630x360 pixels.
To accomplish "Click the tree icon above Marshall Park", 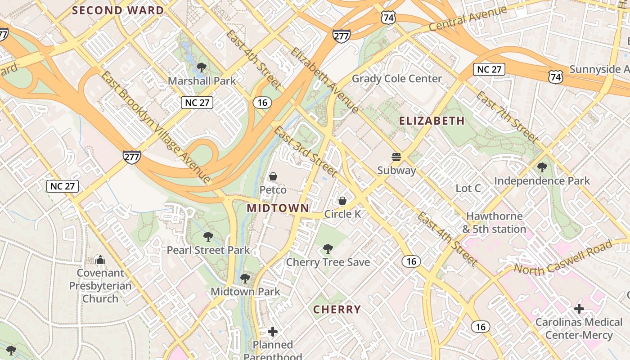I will coord(201,68).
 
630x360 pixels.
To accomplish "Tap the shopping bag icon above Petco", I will coord(273,176).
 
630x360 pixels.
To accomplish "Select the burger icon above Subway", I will coord(396,157).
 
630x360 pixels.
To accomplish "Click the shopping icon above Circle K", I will coord(342,201).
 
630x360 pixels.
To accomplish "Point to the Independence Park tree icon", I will coord(542,167).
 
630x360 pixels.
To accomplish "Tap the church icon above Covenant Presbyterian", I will coord(100,260).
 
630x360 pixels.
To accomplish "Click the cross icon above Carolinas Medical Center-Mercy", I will coord(579,309).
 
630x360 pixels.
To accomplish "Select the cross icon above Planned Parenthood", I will coord(273,332).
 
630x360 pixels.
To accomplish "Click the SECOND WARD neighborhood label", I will coord(118,10).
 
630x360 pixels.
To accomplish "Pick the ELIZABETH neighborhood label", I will coord(432,121).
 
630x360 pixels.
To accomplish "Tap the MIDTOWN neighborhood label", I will coord(278,208).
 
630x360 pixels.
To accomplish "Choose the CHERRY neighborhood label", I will coord(337,310).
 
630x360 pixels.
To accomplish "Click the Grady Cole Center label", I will coord(396,79).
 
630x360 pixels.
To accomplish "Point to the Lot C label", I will coord(468,188).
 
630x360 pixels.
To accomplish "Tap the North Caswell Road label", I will coord(563,258).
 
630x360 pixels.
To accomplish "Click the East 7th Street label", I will coord(507,117).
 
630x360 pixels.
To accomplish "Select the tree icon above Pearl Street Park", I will coord(208,237).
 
